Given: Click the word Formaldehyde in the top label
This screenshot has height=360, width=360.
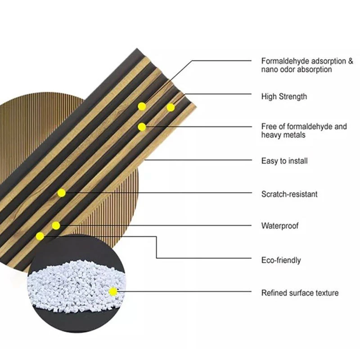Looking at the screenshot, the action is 284,61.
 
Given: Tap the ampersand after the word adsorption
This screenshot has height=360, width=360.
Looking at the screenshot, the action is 350,61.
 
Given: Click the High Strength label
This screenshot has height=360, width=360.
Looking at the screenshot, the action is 284,96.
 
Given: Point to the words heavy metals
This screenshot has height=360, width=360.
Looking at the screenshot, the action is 283,135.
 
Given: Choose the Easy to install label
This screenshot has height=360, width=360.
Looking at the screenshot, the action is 284,161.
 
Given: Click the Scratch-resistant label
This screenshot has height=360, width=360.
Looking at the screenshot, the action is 289,194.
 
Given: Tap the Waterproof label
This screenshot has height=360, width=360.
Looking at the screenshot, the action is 280,226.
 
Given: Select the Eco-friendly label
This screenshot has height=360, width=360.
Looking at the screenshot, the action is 281,260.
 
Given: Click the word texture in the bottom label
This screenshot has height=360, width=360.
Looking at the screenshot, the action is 327,293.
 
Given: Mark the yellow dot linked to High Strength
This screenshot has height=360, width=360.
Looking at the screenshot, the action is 171,108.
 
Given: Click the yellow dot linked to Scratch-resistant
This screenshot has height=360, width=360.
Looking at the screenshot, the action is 61,193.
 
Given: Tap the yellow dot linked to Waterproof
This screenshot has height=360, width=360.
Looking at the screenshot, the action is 56,226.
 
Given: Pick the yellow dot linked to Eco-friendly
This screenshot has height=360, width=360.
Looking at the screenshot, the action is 40,236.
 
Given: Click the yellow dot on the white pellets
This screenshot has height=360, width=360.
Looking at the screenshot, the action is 113,292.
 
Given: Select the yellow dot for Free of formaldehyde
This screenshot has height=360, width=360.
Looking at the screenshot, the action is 142,127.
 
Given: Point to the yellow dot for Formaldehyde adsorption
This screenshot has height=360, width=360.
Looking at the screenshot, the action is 142,106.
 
